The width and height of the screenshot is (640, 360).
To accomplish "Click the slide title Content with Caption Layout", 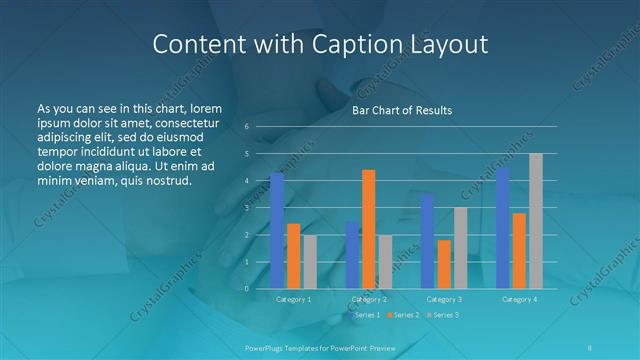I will click(x=320, y=44).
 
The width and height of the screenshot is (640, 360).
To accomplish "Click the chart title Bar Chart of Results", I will click(x=401, y=110).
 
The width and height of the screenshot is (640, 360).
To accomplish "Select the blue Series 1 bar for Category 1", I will click(x=277, y=230).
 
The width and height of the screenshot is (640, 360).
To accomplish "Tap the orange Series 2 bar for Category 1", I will click(x=293, y=256).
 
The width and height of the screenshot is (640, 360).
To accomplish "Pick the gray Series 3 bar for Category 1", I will click(x=309, y=261).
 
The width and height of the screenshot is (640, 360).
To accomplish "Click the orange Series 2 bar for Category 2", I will click(x=368, y=229).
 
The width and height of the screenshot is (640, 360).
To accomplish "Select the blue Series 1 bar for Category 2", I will click(x=352, y=254).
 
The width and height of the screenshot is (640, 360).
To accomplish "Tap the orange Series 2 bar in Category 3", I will click(x=443, y=264).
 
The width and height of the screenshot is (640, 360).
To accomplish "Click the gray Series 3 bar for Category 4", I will click(x=535, y=221).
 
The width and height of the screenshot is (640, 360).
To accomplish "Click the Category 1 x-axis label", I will click(x=293, y=299).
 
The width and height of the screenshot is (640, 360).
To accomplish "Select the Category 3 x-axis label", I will click(x=443, y=299).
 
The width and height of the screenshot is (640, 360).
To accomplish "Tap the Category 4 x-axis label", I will click(x=519, y=299).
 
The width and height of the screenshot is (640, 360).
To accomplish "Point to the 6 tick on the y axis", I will click(x=247, y=127).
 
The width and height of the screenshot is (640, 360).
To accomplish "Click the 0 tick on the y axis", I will click(x=247, y=289).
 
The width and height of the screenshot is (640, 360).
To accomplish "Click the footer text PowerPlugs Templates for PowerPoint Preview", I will click(x=320, y=347).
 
